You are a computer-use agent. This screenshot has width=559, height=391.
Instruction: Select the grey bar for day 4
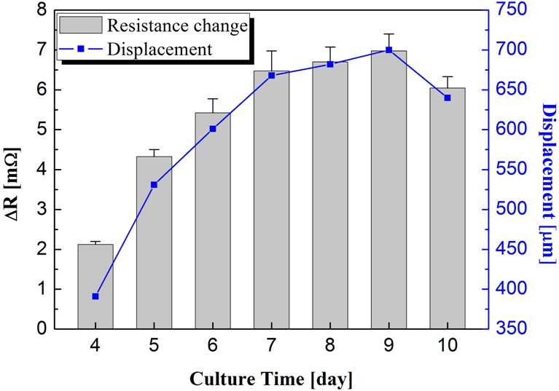95,286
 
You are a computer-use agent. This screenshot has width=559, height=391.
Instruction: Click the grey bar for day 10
447,208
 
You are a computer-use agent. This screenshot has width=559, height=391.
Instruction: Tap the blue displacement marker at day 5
154,185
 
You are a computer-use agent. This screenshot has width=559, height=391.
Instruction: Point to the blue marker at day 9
389,50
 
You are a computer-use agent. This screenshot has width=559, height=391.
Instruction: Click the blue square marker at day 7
272,76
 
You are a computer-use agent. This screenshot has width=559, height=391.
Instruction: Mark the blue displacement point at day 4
95,296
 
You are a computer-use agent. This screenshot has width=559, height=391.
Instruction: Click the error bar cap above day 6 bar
213,98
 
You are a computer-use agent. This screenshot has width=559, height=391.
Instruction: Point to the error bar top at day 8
330,47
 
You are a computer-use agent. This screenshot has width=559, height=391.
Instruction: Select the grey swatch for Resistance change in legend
81,25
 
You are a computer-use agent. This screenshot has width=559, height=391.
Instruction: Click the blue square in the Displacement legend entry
81,49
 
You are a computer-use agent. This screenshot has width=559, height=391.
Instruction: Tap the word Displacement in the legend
160,49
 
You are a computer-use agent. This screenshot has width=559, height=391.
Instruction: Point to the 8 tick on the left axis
42,9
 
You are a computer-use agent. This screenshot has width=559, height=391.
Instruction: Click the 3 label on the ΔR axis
42,210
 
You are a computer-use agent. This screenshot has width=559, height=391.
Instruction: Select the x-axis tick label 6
213,345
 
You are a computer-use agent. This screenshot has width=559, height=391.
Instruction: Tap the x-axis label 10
447,345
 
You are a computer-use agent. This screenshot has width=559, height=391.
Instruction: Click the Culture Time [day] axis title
271,379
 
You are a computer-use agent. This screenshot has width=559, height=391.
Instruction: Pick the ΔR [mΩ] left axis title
13,183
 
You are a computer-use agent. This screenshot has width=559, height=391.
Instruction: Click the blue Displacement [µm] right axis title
548,183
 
